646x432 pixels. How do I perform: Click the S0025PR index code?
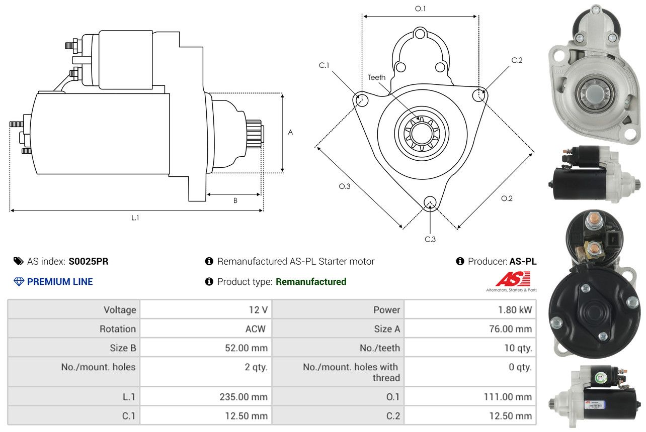coord(89,261)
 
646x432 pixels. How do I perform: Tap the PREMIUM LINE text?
coord(60,282)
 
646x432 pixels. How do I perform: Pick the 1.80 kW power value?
coord(515,310)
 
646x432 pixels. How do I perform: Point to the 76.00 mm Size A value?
coord(511,329)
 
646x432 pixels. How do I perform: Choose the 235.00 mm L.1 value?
coord(244,397)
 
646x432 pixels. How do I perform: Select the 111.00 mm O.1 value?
coord(509,397)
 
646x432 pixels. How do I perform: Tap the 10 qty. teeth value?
coord(518,348)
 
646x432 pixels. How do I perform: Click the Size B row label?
coord(123,348)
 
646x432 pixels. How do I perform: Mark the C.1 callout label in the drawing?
coord(324,65)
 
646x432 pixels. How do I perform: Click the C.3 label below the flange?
coord(430,239)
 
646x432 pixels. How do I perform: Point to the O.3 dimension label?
coord(344,186)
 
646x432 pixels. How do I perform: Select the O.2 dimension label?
coord(507,198)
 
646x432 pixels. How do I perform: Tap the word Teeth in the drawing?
coord(376,77)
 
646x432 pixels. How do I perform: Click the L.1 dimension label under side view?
coord(135,218)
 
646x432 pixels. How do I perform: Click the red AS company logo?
coord(513,279)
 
